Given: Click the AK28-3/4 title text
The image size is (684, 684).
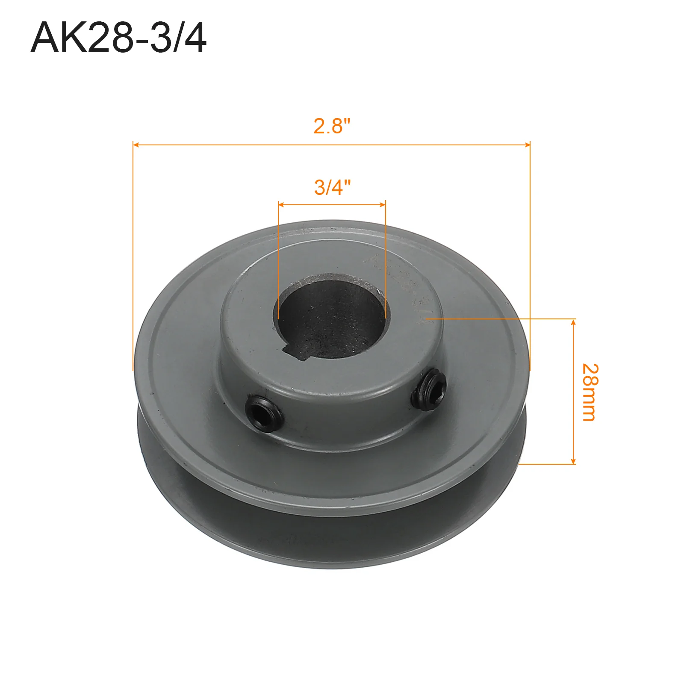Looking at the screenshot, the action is coord(118,38).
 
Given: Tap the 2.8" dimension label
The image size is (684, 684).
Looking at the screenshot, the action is coord(332,126).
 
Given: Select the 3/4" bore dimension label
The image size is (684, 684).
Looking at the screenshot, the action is coord(332,187).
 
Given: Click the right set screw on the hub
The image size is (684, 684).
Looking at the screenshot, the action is coord(429,390).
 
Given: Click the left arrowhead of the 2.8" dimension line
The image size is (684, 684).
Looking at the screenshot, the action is coord(136,145).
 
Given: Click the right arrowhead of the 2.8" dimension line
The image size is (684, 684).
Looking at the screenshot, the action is coord(527,145).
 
